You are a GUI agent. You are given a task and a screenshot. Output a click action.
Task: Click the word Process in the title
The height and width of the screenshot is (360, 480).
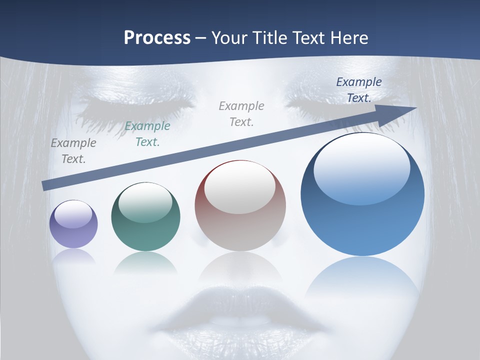pos(157,38)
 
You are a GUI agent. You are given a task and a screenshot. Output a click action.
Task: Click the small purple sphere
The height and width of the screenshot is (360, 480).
pos(73,224)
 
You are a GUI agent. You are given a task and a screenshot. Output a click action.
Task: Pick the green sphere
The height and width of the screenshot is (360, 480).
pos(145,216)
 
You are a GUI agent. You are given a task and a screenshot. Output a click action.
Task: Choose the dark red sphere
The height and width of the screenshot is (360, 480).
pos(240,205)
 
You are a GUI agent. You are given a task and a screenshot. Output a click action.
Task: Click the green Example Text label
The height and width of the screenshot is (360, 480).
pos(147,134)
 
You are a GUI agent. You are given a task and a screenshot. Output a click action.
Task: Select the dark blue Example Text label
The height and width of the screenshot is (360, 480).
pos(359,90)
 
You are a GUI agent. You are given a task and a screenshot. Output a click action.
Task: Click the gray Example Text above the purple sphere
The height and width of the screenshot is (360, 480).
pos(73,151)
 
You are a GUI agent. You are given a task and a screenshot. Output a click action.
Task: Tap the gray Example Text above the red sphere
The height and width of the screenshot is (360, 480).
pos(241,113)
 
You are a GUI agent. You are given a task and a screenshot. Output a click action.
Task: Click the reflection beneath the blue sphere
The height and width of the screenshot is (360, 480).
pos(362,280)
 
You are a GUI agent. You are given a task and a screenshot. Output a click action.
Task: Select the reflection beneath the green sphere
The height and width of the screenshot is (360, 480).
pos(145,262)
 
